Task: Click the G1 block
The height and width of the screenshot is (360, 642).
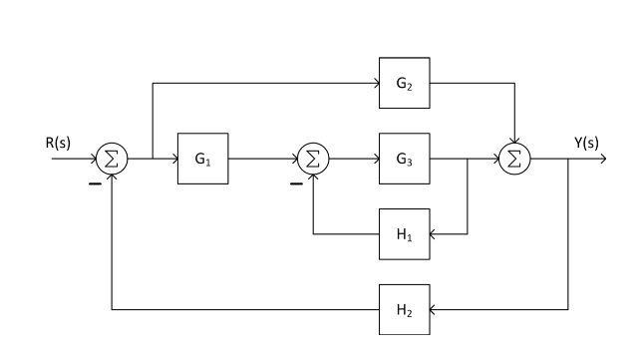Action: click(x=204, y=158)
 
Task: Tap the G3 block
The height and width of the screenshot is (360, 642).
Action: click(x=405, y=158)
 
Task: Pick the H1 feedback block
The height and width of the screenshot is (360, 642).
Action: click(x=405, y=234)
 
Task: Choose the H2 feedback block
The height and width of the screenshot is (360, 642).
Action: click(x=405, y=310)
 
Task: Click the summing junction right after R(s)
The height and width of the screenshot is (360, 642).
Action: click(x=113, y=158)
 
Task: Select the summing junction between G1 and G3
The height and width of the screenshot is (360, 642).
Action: click(x=314, y=158)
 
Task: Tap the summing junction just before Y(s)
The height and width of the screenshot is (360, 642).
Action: click(x=515, y=158)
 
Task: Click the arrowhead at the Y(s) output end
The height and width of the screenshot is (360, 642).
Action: click(x=600, y=158)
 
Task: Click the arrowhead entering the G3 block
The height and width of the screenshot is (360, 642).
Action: click(x=375, y=158)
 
